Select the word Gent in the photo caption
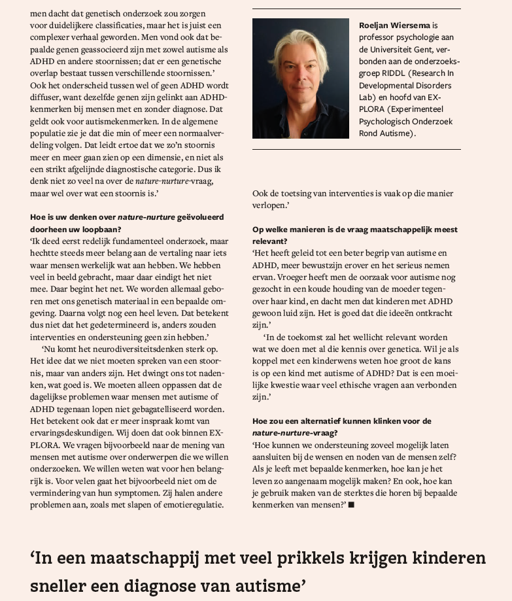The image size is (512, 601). (x=430, y=49)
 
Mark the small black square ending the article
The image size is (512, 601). (x=352, y=504)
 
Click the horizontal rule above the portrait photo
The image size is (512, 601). (x=356, y=9)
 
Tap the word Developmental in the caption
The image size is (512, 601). (x=389, y=85)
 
